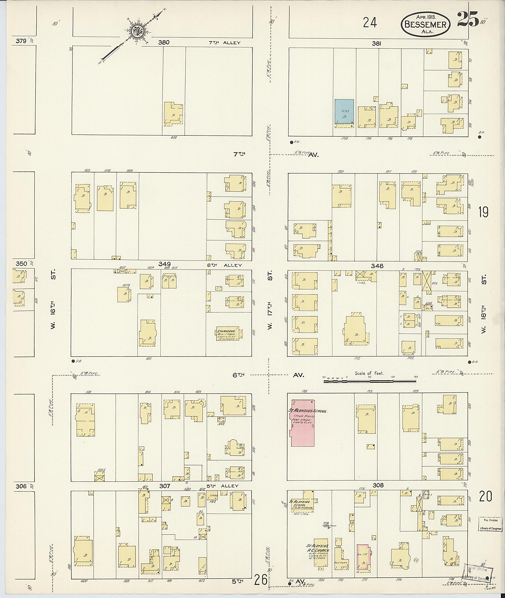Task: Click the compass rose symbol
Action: click(137, 30)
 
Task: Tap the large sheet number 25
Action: click(468, 19)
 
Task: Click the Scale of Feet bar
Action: click(370, 381)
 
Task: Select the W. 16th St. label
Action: click(53, 299)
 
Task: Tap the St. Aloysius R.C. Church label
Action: click(318, 548)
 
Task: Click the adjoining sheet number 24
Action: click(370, 23)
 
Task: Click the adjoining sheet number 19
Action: click(483, 212)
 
